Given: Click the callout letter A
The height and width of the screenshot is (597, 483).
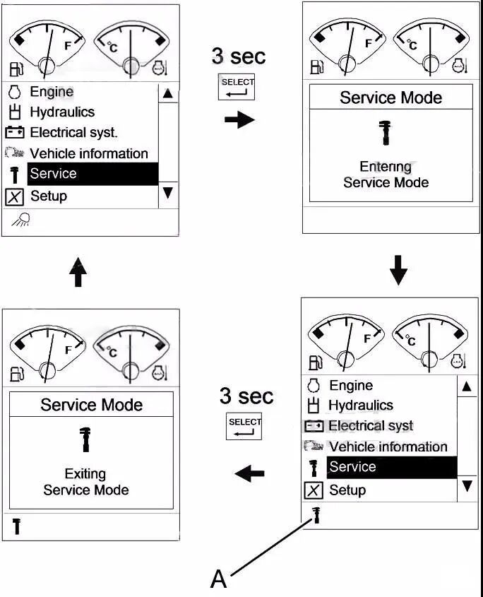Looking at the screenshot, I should pyautogui.click(x=219, y=579).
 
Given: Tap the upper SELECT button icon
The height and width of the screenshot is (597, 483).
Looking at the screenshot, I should pyautogui.click(x=237, y=88).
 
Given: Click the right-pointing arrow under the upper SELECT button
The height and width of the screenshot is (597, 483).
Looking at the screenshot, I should pyautogui.click(x=239, y=119).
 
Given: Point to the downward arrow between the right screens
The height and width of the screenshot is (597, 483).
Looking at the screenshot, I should pyautogui.click(x=399, y=271).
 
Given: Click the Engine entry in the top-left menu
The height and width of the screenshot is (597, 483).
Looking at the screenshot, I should pyautogui.click(x=51, y=92).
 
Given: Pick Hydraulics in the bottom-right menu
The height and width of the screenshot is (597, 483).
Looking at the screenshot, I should pyautogui.click(x=360, y=406).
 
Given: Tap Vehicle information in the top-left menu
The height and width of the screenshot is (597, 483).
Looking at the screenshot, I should pyautogui.click(x=88, y=153).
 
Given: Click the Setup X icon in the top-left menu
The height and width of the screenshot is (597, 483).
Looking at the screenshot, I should pyautogui.click(x=15, y=196).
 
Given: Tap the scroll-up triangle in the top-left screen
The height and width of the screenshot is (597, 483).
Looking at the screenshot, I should pyautogui.click(x=167, y=93).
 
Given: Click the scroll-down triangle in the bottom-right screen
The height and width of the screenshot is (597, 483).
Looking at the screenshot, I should pyautogui.click(x=467, y=486).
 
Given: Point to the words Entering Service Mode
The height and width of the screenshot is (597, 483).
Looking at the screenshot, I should pyautogui.click(x=386, y=175).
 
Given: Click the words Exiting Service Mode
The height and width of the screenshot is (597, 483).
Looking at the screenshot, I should pyautogui.click(x=85, y=482).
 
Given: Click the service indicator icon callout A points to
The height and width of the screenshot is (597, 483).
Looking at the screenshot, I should pyautogui.click(x=316, y=516).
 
